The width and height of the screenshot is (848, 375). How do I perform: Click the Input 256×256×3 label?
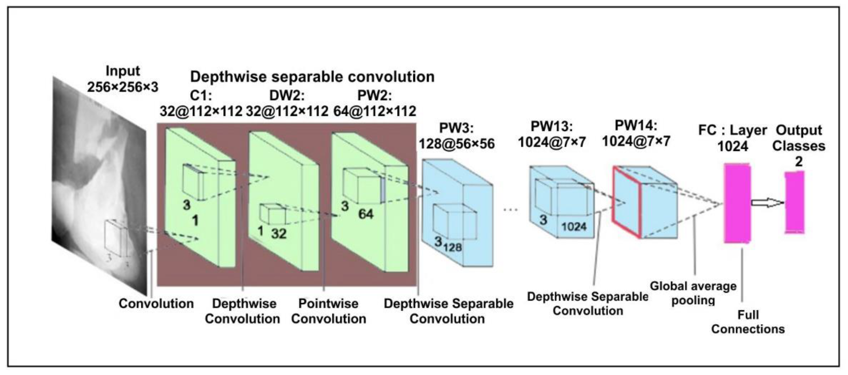pyautogui.click(x=123, y=79)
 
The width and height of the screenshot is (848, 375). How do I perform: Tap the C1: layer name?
pyautogui.click(x=201, y=95)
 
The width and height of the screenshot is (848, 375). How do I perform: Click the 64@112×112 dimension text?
pyautogui.click(x=375, y=111)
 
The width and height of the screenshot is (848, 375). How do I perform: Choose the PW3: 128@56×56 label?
pyautogui.click(x=456, y=136)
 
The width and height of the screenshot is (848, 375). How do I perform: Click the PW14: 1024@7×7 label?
pyautogui.click(x=636, y=133)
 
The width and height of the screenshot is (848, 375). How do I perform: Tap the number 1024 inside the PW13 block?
pyautogui.click(x=574, y=226)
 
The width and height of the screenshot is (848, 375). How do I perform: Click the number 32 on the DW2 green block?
pyautogui.click(x=279, y=234)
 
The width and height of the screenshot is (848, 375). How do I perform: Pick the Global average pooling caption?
pyautogui.click(x=693, y=293)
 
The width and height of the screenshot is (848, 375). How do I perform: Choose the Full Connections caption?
pyautogui.click(x=748, y=322)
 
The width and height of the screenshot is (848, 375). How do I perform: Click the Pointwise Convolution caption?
pyautogui.click(x=328, y=311)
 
